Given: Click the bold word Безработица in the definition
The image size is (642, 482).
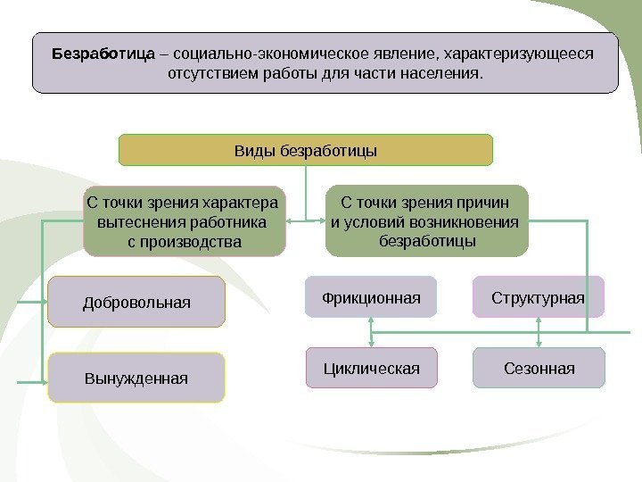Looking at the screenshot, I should [104, 54].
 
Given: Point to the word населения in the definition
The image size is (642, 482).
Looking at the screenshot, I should [440, 71].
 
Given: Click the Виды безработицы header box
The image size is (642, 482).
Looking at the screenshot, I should [306, 150].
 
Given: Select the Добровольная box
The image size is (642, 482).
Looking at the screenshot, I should [136, 302].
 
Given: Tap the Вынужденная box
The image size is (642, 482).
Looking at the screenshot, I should [136, 378].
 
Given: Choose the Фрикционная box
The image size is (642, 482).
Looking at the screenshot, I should [371, 296].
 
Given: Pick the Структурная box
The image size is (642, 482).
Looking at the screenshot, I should [539, 296].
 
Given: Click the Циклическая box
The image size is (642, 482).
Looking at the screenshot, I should [371, 367].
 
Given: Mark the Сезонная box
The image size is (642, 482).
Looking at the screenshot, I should [539, 367].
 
